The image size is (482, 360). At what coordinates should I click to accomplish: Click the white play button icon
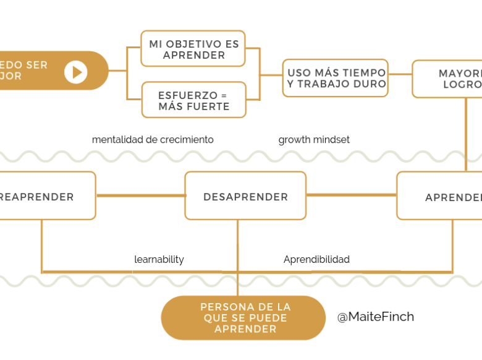click(76, 72)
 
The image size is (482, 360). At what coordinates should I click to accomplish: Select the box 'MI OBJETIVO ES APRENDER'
click(193, 49)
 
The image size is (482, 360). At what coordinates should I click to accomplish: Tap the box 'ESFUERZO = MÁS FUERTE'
click(193, 100)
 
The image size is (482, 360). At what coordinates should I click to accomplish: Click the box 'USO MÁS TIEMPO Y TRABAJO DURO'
click(336, 79)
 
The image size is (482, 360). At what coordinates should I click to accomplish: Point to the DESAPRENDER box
click(245, 196)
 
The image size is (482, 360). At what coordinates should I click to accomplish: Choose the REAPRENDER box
click(43, 196)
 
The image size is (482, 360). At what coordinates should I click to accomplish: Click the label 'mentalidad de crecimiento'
click(153, 140)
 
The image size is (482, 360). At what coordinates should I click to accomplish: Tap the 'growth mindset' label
click(314, 140)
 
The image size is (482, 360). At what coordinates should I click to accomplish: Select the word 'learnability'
click(159, 260)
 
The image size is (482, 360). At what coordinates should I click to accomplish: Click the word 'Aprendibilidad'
click(316, 260)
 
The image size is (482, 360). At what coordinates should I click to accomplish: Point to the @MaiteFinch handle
click(375, 317)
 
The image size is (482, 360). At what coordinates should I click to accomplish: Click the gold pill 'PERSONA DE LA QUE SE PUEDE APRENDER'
click(243, 318)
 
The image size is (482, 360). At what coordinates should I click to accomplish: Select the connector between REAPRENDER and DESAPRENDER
click(140, 196)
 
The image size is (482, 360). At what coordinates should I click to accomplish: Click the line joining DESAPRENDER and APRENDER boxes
click(351, 195)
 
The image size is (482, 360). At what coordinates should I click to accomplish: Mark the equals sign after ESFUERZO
click(223, 95)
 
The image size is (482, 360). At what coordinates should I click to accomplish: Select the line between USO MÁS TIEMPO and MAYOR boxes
click(400, 74)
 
